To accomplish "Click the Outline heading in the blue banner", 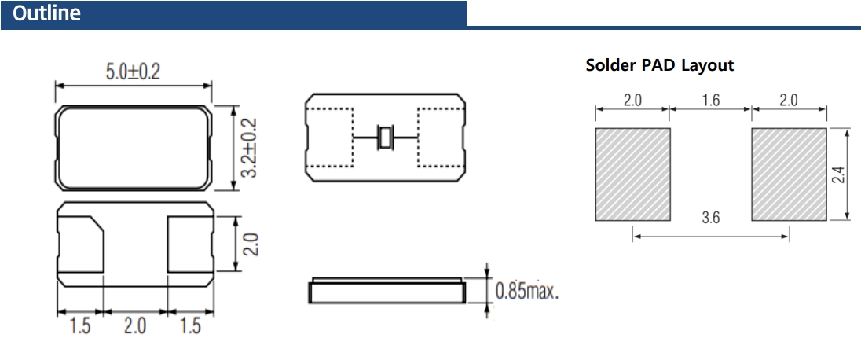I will [47, 14].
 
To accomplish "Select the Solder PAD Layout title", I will [659, 65].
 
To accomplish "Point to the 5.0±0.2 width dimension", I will [133, 72].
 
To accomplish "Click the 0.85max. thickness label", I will [526, 292].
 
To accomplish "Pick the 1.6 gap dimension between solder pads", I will [710, 101].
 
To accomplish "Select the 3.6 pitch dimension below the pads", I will [710, 219].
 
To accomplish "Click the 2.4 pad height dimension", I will [837, 174].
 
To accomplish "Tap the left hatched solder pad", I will [632, 174].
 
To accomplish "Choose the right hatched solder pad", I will [789, 174].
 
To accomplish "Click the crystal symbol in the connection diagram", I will [384, 138].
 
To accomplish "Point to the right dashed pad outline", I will [439, 138].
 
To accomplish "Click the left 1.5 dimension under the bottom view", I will [80, 325].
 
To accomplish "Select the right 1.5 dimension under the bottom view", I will [190, 325].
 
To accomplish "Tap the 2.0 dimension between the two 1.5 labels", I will [134, 325].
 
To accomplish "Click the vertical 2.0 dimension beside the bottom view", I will [251, 244].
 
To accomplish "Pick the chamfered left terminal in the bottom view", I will [82, 244].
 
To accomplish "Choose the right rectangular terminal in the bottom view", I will [189, 244].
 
